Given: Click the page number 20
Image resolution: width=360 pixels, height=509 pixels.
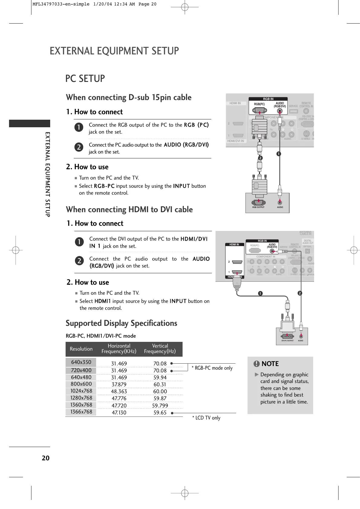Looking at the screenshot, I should point(45,458).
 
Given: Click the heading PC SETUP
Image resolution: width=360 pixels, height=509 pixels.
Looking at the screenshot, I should point(85,79).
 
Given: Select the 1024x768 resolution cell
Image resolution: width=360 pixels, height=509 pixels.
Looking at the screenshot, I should point(81,391).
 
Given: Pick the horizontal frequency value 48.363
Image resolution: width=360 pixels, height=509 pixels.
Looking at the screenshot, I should point(119,391).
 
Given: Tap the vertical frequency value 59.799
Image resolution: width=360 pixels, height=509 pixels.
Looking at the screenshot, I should point(160,406).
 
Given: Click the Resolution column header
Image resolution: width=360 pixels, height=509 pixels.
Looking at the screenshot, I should point(81,349).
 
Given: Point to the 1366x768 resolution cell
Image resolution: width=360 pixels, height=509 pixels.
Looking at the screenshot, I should point(81,412).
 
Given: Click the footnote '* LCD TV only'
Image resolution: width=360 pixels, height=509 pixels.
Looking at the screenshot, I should point(206,418).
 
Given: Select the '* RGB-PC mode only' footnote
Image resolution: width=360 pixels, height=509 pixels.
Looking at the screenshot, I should point(212,368).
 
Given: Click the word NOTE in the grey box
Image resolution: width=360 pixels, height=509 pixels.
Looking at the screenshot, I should point(270,364).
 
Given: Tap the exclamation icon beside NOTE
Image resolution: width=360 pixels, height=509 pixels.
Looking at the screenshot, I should point(257,364).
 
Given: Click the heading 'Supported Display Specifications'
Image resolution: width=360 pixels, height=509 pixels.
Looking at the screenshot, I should point(122,323).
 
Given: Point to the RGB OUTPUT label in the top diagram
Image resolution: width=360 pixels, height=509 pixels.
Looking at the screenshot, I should point(258,207).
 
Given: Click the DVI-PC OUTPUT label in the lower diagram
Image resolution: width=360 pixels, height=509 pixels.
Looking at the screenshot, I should point(287,341).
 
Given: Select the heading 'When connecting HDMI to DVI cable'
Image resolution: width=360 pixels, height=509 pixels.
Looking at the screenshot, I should point(129,209).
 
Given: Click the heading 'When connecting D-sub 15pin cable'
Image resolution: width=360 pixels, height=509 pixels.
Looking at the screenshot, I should point(129,97).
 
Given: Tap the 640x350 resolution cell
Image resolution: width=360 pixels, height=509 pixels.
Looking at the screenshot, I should point(81,362).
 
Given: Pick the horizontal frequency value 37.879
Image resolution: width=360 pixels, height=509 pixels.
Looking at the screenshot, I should point(119,384).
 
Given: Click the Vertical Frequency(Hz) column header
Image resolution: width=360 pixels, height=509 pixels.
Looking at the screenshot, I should point(160,349).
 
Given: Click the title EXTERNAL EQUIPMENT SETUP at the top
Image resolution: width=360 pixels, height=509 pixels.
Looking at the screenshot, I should point(114,51).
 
